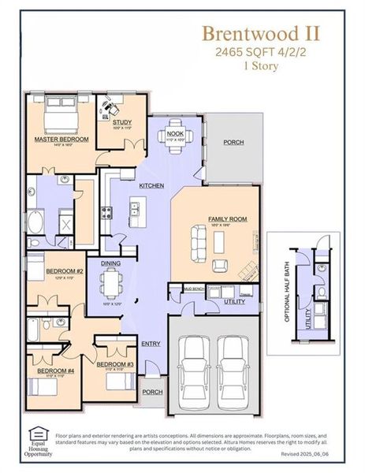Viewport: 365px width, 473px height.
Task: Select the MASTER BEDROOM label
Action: [61, 140]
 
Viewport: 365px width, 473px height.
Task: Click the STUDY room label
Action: [121, 122]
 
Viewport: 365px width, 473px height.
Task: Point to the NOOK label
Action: [175, 134]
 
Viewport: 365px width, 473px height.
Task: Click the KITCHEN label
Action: [151, 185]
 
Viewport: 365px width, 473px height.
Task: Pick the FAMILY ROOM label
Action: [228, 218]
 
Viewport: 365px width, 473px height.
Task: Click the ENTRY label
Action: [151, 344]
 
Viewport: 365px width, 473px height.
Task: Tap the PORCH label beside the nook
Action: [233, 143]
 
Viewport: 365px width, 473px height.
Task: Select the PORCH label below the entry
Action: [152, 391]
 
